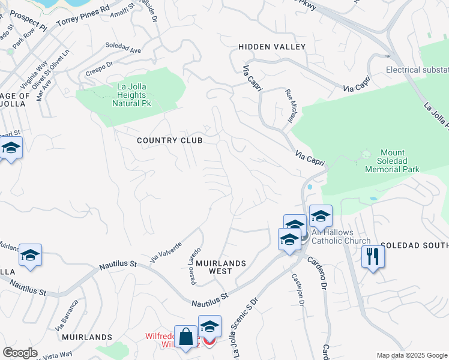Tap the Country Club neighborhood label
pyautogui.click(x=169, y=140)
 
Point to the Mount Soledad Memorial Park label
pyautogui.click(x=392, y=161)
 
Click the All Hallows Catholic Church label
pyautogui.click(x=340, y=237)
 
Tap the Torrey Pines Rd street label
pyautogui.click(x=83, y=17)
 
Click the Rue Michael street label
pyautogui.click(x=289, y=106)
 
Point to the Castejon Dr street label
pyautogui.click(x=296, y=289)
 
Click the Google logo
pyautogui.click(x=20, y=352)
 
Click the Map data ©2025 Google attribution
pyautogui.click(x=412, y=355)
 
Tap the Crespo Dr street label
pyautogui.click(x=99, y=67)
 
